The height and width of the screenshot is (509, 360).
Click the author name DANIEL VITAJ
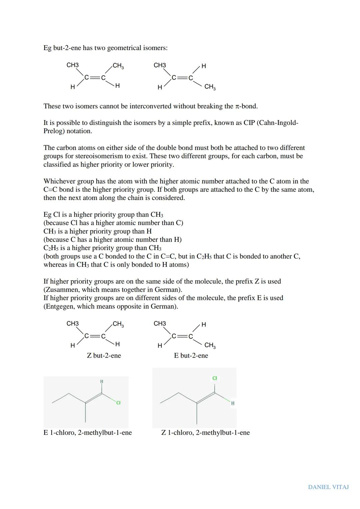click(328, 487)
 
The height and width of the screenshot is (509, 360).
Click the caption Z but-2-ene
click(104, 356)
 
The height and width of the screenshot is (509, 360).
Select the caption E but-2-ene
click(191, 356)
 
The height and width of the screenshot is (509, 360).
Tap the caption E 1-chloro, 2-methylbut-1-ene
click(88, 433)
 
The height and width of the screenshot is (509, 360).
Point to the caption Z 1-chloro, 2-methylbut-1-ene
click(205, 433)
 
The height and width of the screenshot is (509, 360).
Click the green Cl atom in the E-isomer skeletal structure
click(118, 403)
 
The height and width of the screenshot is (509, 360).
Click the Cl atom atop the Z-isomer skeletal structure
click(215, 378)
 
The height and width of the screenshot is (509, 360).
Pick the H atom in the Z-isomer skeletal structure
click(233, 403)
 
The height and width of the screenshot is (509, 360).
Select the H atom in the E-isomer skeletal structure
click(102, 381)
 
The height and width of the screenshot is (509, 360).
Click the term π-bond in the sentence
click(246, 106)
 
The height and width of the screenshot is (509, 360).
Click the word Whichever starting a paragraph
click(59, 181)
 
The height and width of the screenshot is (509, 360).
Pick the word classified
click(58, 165)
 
